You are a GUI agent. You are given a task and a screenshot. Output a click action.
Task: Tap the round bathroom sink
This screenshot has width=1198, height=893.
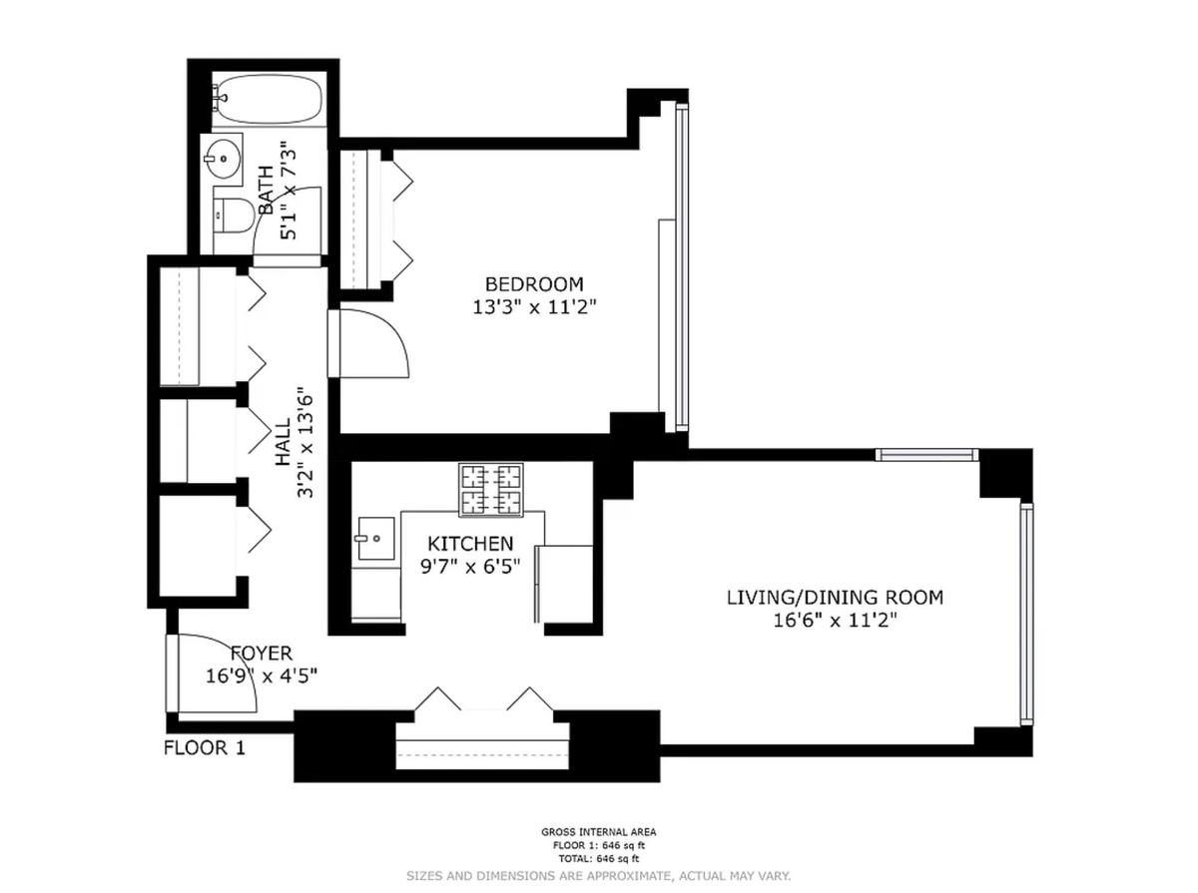tap(223, 159)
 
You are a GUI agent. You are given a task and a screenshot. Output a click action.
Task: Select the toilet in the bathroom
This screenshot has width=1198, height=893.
tap(233, 216)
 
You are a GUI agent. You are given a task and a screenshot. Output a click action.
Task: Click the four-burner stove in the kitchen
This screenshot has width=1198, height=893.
tap(490, 489)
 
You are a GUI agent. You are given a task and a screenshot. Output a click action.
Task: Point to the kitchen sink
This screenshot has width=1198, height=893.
tap(375, 539)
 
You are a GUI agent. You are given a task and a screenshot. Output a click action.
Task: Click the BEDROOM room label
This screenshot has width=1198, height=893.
tap(534, 284)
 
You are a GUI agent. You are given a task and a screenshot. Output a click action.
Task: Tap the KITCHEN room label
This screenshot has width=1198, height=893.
tap(470, 544)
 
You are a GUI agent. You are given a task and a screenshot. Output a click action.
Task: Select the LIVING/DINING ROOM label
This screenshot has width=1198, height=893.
tap(835, 597)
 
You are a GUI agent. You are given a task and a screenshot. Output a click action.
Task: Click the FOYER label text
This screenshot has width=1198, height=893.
tap(262, 653)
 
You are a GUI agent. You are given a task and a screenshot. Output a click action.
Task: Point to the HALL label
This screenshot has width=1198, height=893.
tap(283, 442)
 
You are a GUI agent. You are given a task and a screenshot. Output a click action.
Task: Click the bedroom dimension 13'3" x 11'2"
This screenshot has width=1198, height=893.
tap(534, 307)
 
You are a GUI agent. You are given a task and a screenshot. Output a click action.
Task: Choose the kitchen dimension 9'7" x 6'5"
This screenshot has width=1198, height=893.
tap(470, 567)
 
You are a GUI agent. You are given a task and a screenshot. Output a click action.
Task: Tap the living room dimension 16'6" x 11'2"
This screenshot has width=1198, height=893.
tap(835, 621)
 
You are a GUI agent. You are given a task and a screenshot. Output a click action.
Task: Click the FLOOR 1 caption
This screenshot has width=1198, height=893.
tap(205, 747)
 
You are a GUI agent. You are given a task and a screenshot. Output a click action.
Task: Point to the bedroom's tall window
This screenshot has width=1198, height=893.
tap(681, 267)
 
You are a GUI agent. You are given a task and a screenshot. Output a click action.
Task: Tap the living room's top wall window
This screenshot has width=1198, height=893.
tap(926, 454)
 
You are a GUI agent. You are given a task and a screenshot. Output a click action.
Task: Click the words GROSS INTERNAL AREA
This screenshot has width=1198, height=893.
tap(599, 832)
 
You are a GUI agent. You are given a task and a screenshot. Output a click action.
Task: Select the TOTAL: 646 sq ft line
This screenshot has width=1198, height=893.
tap(599, 858)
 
